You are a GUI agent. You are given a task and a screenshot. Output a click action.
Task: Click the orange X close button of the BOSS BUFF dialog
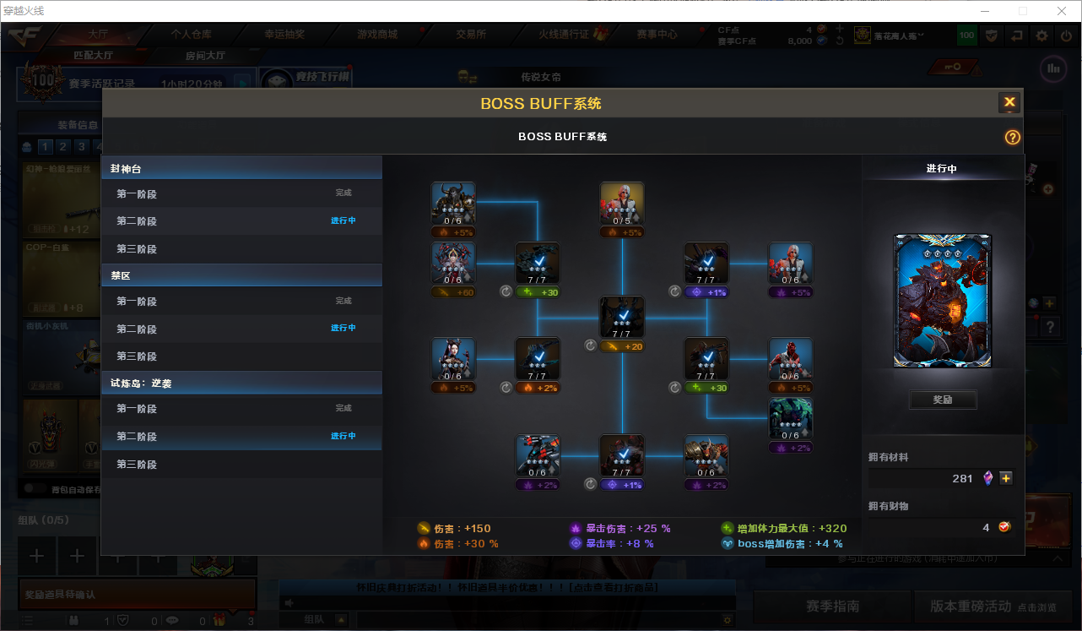[1009, 103]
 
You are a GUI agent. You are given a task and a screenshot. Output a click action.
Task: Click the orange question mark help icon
[1013, 138]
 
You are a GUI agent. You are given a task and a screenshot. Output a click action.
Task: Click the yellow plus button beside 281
[1006, 478]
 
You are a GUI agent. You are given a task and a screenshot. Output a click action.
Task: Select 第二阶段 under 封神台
[137, 221]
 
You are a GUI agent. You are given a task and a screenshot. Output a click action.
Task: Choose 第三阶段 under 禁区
[137, 356]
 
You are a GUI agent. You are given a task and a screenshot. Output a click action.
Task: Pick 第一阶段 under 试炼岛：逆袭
[137, 409]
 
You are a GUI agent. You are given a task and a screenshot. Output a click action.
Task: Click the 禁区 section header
[121, 275]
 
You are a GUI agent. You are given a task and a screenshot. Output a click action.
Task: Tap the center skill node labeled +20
[622, 318]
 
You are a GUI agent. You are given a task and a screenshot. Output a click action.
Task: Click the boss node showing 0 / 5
[622, 204]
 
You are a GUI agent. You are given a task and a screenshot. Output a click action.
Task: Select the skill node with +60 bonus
[453, 265]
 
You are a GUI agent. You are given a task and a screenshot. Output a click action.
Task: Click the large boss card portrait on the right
[943, 301]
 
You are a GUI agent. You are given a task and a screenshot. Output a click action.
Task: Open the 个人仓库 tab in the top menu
[192, 35]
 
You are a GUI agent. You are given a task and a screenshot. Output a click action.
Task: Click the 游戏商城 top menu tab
[377, 35]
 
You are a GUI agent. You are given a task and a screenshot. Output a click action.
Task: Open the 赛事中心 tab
[657, 35]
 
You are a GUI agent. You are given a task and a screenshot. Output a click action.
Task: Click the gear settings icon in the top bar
[1042, 35]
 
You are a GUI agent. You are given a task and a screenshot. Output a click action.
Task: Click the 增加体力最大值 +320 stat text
[784, 529]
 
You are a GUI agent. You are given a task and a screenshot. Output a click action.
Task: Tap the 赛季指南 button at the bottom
[832, 607]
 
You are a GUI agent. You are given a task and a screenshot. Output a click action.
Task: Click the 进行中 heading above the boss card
[942, 169]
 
